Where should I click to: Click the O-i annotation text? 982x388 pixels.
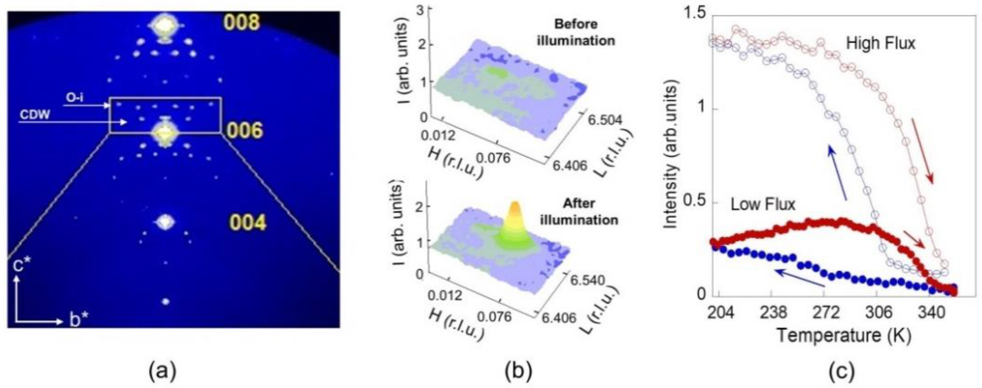pos(75,98)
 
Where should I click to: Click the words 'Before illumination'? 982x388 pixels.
pos(576,32)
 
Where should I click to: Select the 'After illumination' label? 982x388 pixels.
pos(579,212)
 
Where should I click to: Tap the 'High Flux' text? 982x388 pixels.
pos(881,44)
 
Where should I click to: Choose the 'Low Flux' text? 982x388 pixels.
pos(763,205)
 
